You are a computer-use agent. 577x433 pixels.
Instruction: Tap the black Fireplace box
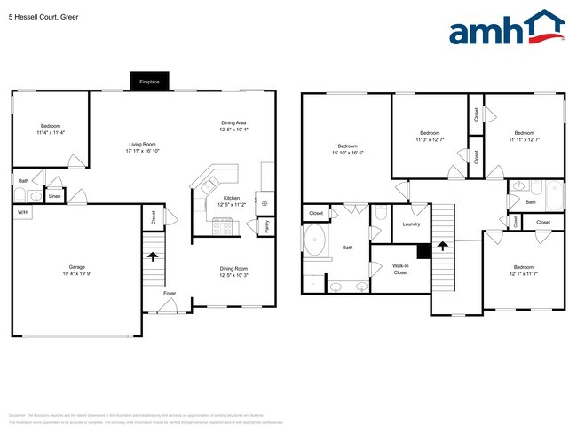click(x=149, y=82)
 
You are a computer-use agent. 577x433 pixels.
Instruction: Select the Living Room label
click(x=143, y=144)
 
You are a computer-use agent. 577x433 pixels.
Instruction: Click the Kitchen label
click(x=232, y=198)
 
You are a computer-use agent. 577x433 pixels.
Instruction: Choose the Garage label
click(x=77, y=267)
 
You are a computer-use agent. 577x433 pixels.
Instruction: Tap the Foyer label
click(x=169, y=292)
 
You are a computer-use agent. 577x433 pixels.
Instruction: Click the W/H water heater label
click(x=20, y=213)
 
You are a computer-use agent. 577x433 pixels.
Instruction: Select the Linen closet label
click(x=55, y=196)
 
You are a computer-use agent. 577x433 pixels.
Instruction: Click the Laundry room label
click(x=411, y=224)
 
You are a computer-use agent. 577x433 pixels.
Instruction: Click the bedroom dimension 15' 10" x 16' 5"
click(x=347, y=153)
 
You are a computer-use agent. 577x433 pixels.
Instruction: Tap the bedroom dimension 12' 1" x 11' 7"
click(x=523, y=273)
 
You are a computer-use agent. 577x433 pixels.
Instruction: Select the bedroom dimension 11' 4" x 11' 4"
click(x=51, y=132)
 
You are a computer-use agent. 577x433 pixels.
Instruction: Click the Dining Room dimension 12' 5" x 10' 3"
click(x=234, y=274)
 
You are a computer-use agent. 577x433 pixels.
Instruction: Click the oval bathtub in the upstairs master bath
click(x=317, y=240)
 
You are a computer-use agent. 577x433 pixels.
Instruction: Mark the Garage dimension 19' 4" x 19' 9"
click(x=77, y=274)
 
